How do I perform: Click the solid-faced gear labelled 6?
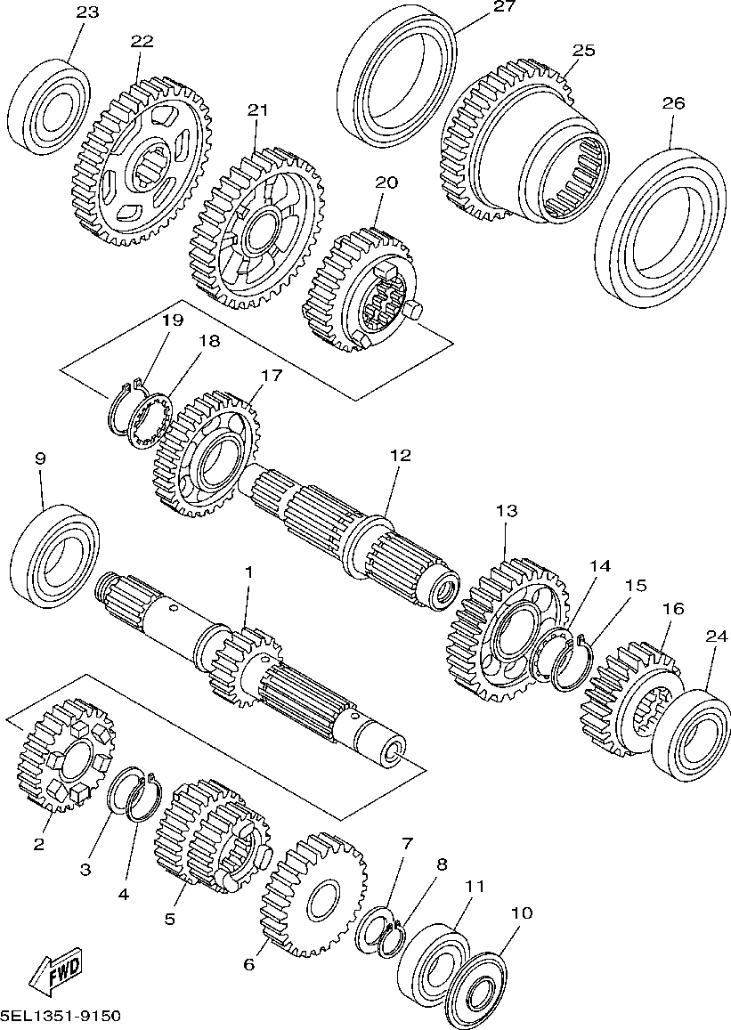pos(314,895)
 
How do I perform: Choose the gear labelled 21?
pos(257,227)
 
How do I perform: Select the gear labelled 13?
pos(508,628)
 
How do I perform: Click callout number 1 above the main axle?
pos(248,572)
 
